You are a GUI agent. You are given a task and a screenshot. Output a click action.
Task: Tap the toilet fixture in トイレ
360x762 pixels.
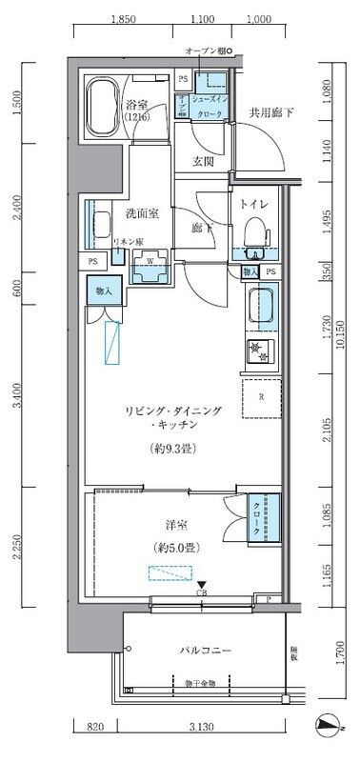254,234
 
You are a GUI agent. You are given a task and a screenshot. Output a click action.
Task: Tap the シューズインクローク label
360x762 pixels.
209,106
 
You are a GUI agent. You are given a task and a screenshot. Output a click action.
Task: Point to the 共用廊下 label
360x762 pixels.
271,113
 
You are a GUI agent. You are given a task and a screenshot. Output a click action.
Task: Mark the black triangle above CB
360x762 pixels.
200,586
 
